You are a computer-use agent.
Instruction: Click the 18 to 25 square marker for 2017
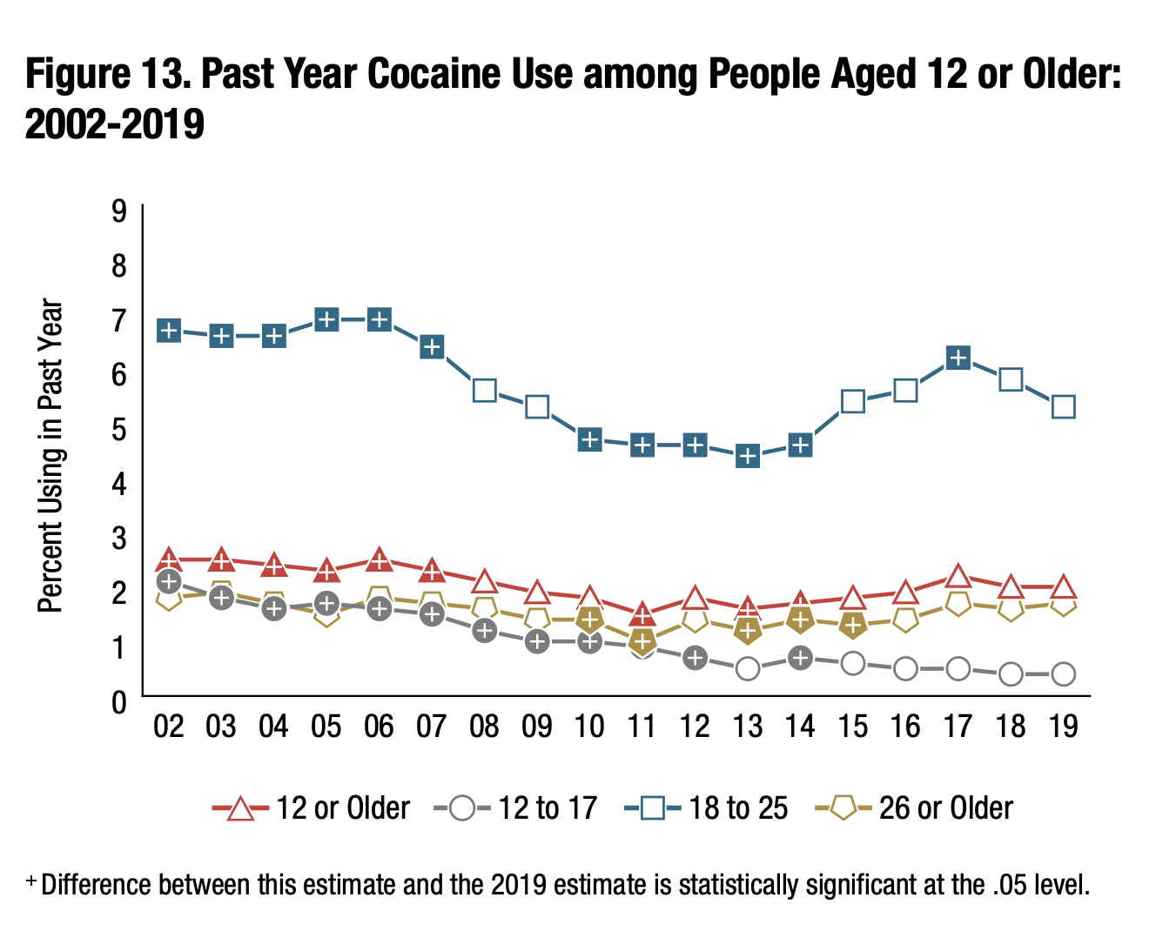tap(958, 358)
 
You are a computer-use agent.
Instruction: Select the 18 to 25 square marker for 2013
tap(748, 456)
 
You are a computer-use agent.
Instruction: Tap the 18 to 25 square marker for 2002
tap(169, 331)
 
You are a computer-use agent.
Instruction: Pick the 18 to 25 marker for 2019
tap(1063, 406)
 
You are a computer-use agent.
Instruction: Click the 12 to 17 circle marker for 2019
tap(1063, 673)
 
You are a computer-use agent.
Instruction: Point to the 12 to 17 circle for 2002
tap(169, 580)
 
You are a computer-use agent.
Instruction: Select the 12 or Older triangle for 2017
tap(958, 577)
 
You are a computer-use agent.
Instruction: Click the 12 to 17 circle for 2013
tap(748, 668)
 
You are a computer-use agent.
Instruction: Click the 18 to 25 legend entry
tap(706, 808)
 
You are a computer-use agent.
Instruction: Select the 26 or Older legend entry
tap(914, 808)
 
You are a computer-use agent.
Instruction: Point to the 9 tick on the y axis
tap(118, 211)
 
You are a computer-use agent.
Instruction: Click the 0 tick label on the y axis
tap(118, 700)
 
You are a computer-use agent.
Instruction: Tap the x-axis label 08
tap(484, 726)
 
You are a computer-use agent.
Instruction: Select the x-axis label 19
tap(1064, 726)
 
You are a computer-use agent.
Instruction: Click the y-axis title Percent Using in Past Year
tap(51, 456)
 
